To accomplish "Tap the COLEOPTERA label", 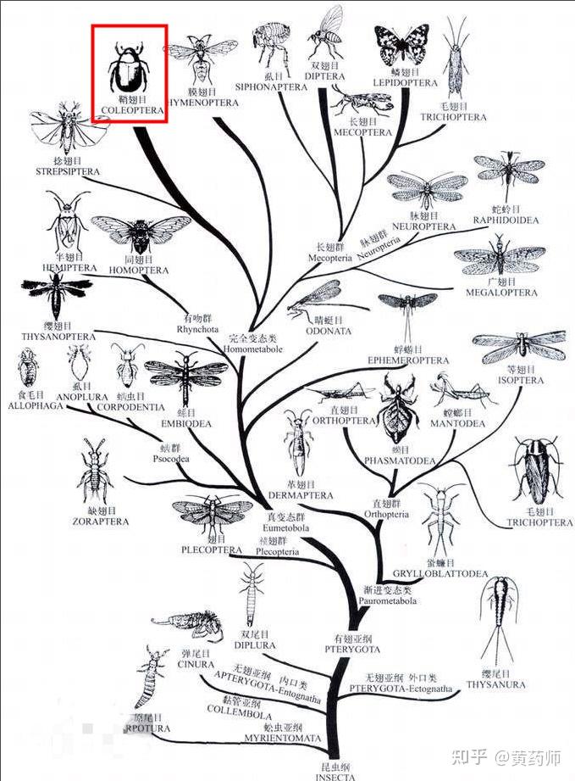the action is (x=129, y=110).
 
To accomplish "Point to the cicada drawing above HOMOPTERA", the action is (x=141, y=233).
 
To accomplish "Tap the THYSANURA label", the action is (x=496, y=684).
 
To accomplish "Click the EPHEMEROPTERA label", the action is (x=407, y=360).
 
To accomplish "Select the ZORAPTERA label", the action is (x=97, y=522).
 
